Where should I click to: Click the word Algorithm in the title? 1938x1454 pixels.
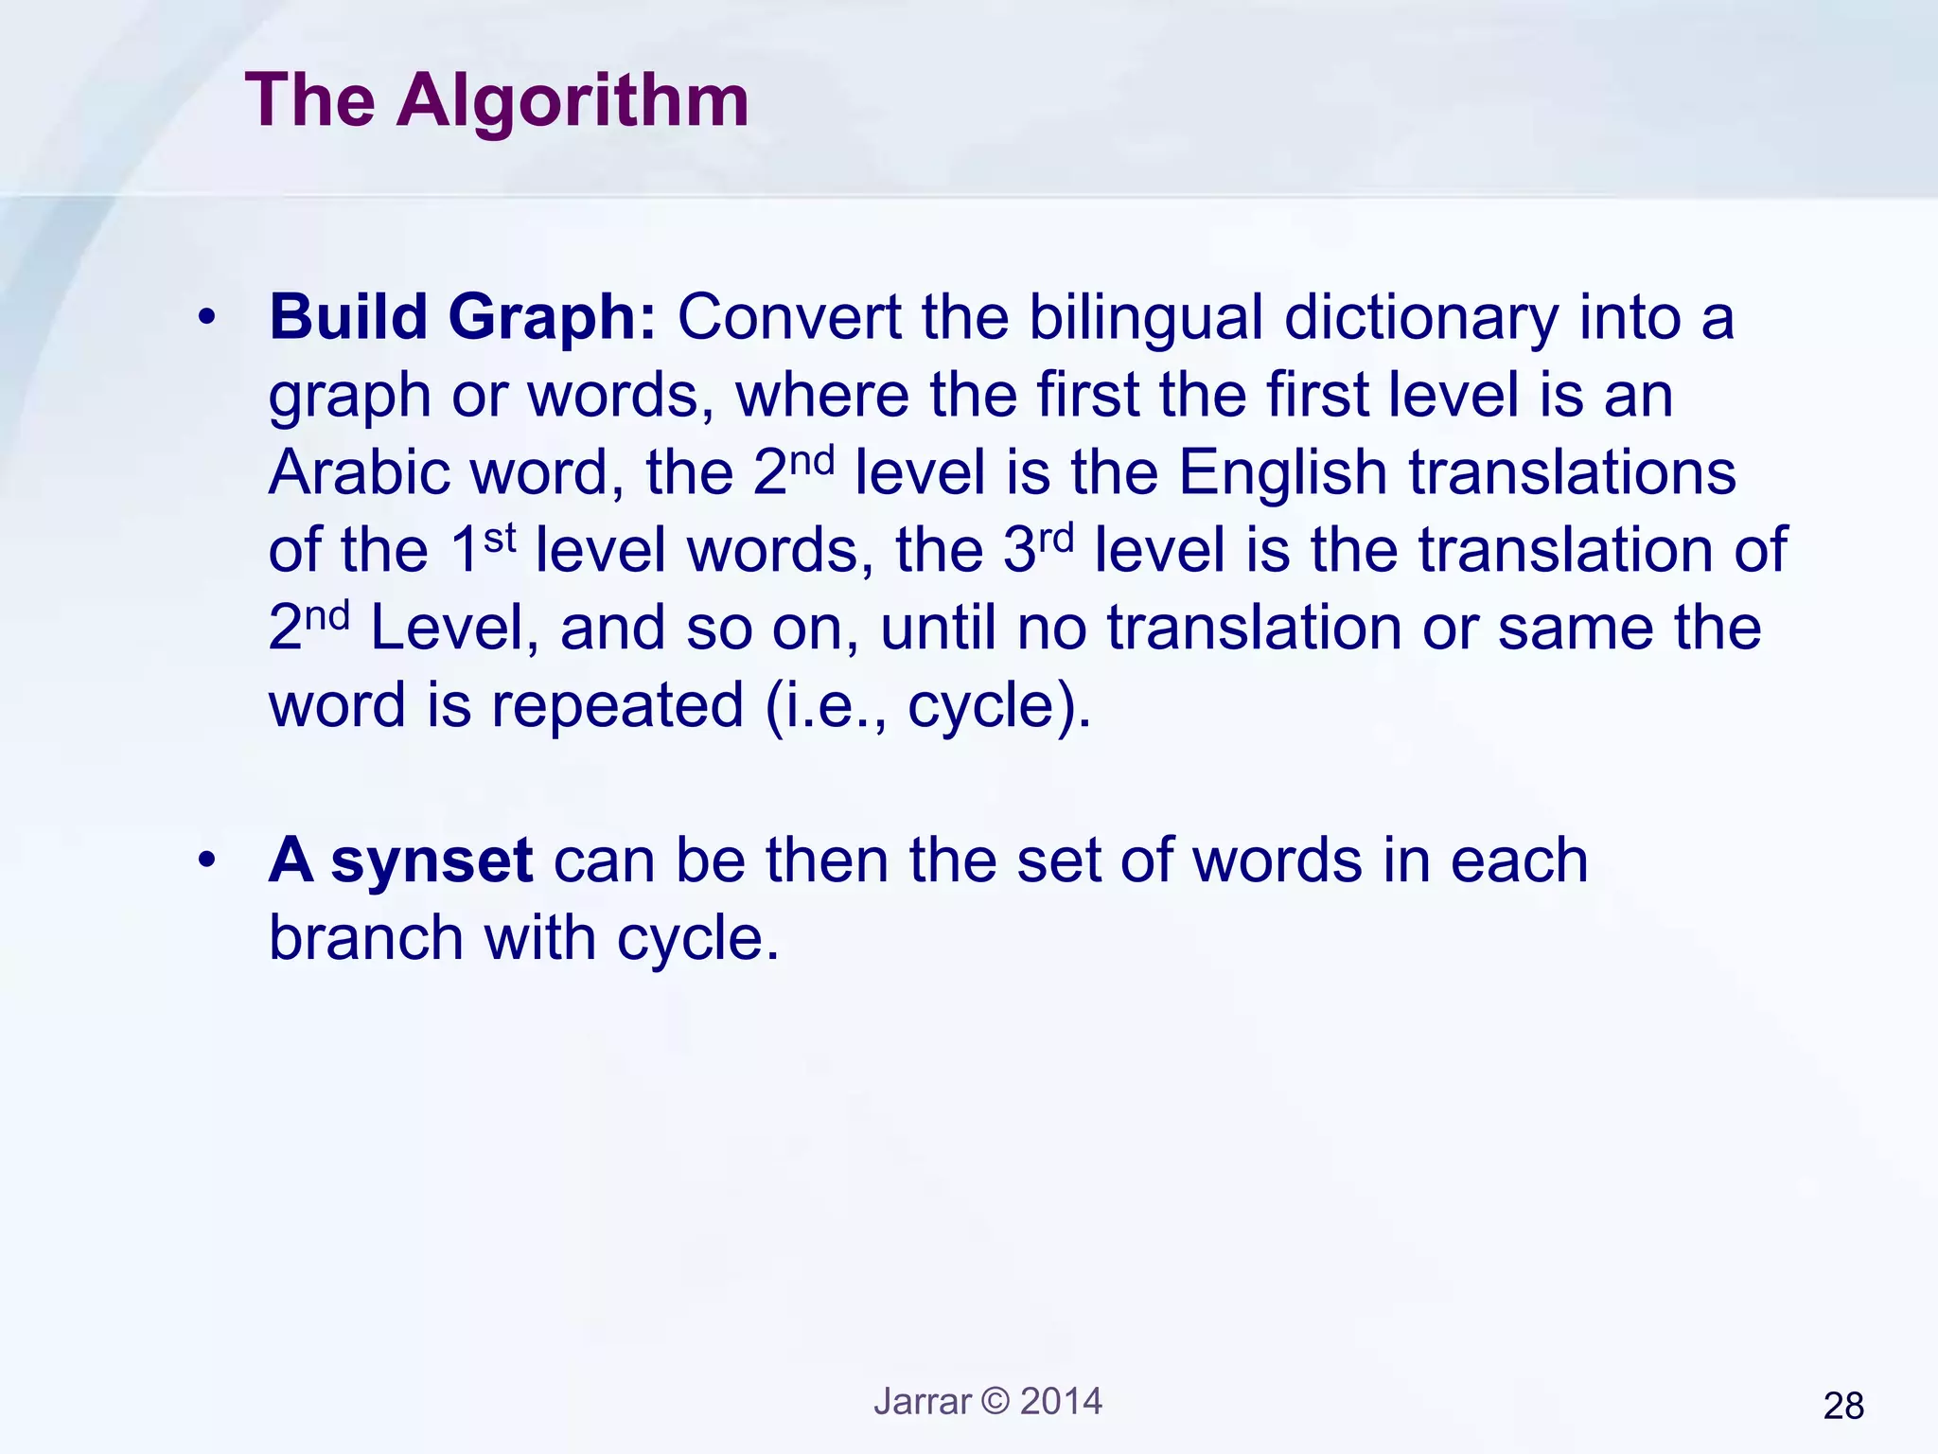point(573,102)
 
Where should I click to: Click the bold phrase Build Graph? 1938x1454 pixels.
point(462,317)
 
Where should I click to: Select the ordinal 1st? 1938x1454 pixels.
point(483,548)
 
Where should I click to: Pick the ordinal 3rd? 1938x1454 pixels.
point(1038,548)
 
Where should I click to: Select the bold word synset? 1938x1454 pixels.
point(432,862)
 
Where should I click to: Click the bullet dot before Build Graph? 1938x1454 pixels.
point(207,319)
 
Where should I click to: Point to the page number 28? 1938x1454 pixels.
point(1842,1407)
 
